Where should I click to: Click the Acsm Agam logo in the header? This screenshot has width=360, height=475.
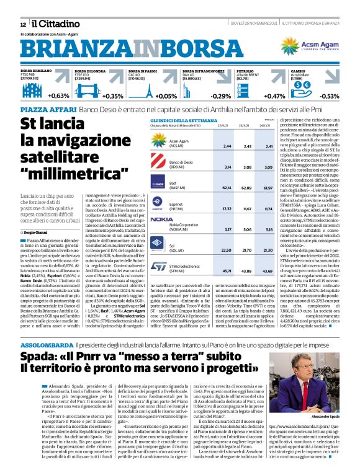[x=307, y=47]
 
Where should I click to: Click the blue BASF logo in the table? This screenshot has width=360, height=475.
[x=158, y=184]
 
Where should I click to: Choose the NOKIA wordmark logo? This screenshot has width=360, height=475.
[x=161, y=219]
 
